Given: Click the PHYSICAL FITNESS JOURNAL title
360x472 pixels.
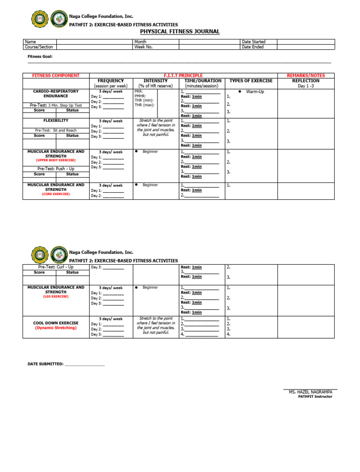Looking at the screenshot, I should [180, 31].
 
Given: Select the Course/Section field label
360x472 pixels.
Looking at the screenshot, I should [39, 47].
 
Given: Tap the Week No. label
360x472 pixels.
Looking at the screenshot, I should [143, 47].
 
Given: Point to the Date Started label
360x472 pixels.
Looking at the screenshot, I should [254, 42].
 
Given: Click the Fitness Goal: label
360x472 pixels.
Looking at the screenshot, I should [40, 56].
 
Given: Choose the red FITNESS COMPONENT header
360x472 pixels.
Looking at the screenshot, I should [56, 76].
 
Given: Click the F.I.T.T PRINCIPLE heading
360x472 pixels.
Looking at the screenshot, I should [183, 76].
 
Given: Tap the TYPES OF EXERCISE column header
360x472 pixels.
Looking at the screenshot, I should [251, 81].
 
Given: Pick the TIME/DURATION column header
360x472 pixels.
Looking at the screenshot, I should [203, 81].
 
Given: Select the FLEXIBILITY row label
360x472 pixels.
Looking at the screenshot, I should [56, 121].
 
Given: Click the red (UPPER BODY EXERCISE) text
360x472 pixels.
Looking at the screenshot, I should [56, 160].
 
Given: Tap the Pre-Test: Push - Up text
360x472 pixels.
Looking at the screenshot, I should [56, 168].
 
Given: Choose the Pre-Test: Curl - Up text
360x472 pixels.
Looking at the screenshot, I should [56, 267].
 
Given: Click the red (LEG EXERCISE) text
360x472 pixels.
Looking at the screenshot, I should [56, 297].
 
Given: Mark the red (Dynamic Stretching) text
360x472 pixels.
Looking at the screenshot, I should [56, 328].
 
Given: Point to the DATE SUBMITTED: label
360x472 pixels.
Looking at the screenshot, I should [45, 364].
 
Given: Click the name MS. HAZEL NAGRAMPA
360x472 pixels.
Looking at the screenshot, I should [310, 392].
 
